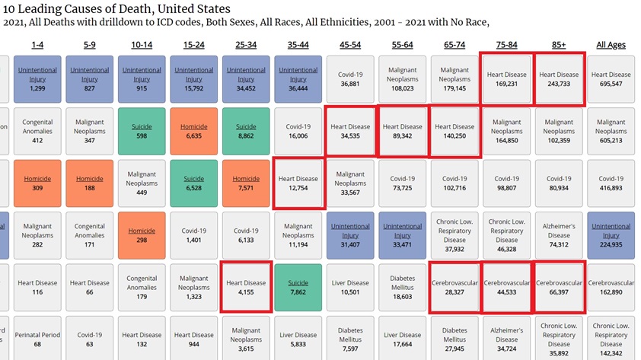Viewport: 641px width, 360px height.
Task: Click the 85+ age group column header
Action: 559,45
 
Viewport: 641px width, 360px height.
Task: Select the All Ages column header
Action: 611,45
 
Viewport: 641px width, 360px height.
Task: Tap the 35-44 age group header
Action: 298,45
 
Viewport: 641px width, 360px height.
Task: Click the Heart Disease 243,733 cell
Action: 559,79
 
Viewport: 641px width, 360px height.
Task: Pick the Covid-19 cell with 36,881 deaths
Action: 350,79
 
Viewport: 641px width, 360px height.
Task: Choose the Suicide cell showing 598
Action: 142,132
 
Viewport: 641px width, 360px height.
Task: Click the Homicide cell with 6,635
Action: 193,132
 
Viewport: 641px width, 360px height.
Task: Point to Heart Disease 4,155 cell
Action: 246,288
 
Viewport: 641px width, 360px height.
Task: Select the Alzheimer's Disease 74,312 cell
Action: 559,235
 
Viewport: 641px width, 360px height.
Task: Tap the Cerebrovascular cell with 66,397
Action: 559,288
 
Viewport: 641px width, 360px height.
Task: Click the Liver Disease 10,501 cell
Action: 350,288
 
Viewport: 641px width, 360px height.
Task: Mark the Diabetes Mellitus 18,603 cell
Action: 403,288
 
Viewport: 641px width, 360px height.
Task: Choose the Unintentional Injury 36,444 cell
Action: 298,79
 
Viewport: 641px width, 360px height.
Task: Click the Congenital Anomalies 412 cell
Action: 37,132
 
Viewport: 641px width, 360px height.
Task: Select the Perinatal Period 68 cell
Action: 37,339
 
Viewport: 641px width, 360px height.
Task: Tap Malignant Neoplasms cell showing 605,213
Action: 611,132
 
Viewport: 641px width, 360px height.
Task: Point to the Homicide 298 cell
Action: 142,235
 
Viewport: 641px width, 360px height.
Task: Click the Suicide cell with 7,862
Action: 298,288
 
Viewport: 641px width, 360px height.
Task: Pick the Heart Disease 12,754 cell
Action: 298,183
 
